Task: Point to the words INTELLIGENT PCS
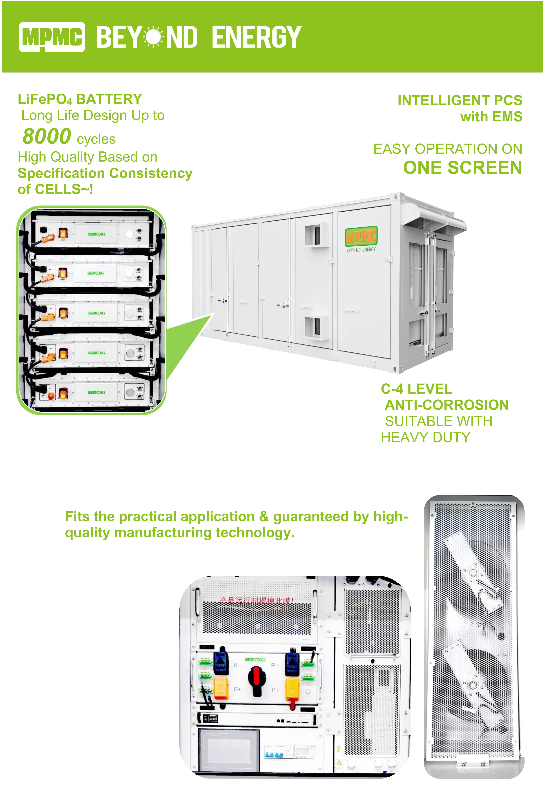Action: [460, 100]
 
